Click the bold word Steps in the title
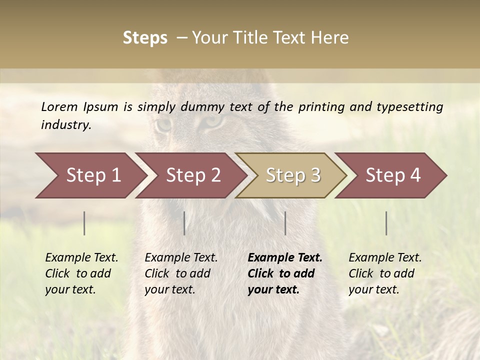(145, 38)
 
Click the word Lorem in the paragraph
(59, 106)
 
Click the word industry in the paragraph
(66, 125)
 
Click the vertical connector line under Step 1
(84, 223)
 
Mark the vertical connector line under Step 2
(184, 223)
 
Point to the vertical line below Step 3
(285, 223)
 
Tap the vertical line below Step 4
(386, 223)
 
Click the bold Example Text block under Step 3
(285, 273)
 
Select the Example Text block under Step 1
(81, 273)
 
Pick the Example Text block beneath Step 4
(385, 273)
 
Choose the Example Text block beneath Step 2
(181, 273)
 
